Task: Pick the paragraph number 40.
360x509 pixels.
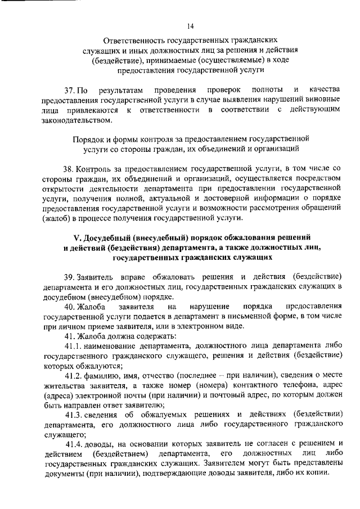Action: click(x=70, y=306)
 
